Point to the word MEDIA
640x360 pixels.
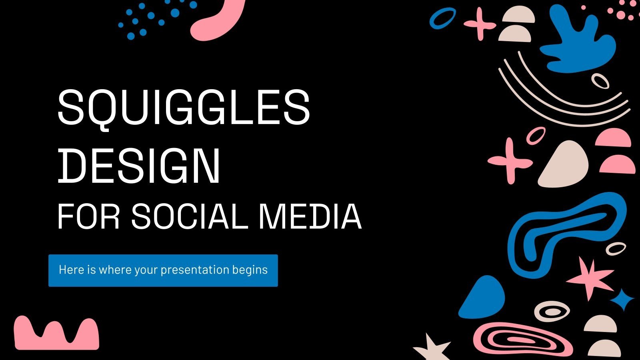click(310, 216)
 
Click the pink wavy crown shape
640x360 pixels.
click(56, 334)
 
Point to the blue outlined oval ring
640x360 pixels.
click(442, 18)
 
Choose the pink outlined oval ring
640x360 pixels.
click(536, 135)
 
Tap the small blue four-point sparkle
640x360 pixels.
click(622, 299)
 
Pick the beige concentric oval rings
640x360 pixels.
click(552, 311)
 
